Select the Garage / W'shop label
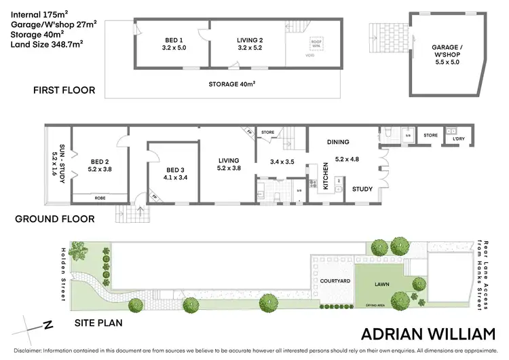coord(451,50)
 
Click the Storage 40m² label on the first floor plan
coord(236,84)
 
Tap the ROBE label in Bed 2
coord(99,198)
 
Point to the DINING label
coord(337,142)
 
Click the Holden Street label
coord(64,274)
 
